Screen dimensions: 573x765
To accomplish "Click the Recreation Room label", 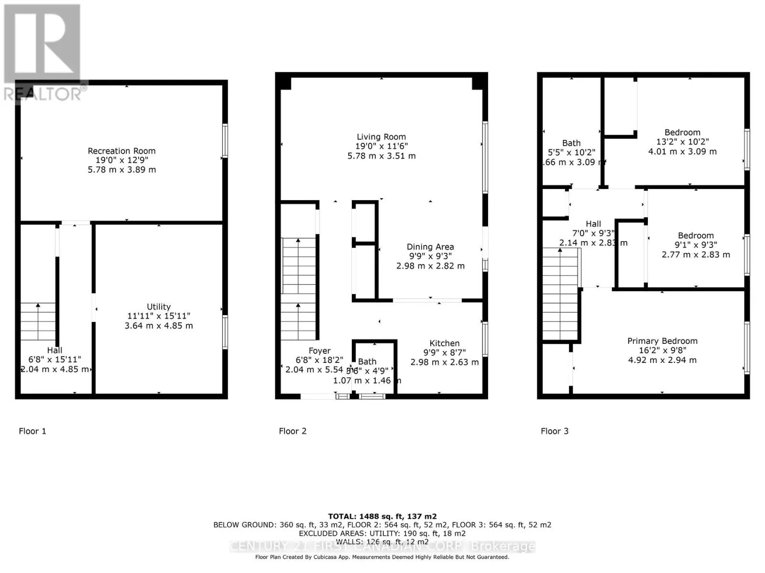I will [121, 151].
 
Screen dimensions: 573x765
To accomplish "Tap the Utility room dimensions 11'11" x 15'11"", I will [159, 316].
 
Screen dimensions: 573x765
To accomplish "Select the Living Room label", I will [381, 137].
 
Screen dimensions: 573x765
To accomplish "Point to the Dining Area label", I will [430, 247].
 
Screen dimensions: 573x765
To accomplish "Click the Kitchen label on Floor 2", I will [444, 343].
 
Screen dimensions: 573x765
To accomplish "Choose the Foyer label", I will [319, 351].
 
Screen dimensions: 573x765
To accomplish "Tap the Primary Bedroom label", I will [662, 341].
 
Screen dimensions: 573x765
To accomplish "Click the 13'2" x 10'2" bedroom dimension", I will [682, 142].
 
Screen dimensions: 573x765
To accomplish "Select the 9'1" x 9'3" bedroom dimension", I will [696, 245].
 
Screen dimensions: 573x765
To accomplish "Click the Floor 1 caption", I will [33, 431].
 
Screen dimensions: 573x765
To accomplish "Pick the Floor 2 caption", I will [293, 431].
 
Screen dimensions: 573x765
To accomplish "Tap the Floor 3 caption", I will [555, 431].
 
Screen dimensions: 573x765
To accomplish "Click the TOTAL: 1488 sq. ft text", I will [382, 516].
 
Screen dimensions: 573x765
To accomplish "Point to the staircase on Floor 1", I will [38, 321].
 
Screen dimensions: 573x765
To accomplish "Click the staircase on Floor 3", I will [560, 294].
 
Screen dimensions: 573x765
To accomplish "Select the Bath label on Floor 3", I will [571, 143].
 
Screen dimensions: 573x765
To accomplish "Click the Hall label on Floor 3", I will [593, 224].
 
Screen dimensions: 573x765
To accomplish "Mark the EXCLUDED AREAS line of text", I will [382, 533].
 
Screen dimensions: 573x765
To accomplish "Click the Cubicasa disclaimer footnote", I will [382, 557].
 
